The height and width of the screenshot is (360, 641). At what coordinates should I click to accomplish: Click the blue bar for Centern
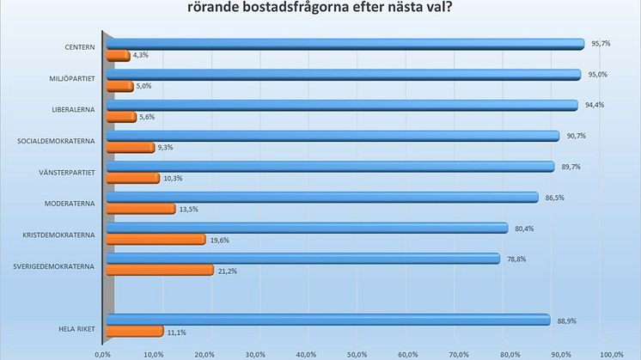click(x=344, y=44)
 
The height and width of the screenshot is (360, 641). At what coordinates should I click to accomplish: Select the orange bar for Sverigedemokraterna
click(x=159, y=271)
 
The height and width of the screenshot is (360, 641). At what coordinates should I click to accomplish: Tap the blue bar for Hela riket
click(x=327, y=320)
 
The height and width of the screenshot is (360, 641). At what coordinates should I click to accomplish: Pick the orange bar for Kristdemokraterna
click(x=156, y=240)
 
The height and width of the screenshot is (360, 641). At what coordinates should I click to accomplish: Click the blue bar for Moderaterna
click(x=320, y=197)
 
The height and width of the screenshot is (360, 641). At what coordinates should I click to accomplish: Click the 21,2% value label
click(x=227, y=271)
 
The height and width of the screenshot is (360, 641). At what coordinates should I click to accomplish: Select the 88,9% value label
click(x=565, y=320)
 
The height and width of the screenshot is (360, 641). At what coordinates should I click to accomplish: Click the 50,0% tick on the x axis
click(x=357, y=353)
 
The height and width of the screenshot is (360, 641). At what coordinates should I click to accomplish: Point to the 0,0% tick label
click(x=103, y=353)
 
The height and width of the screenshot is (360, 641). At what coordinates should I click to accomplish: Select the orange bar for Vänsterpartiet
click(x=132, y=178)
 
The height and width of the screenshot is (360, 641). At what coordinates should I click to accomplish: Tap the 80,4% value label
click(x=523, y=228)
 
